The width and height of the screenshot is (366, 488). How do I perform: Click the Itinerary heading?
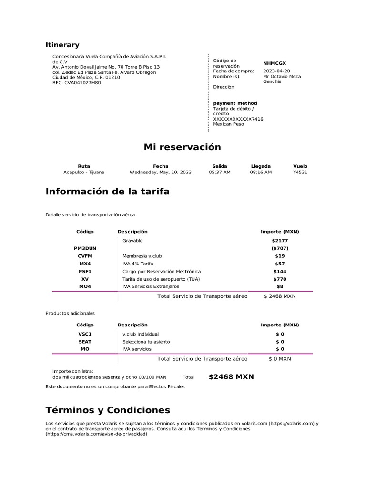(62, 45)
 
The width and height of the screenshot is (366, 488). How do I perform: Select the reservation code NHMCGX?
(274, 63)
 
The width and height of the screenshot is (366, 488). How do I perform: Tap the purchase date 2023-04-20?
(276, 71)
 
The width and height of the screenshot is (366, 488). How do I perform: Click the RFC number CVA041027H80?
(76, 82)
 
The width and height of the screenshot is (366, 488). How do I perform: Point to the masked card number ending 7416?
(238, 119)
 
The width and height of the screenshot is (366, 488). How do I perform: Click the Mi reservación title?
(183, 147)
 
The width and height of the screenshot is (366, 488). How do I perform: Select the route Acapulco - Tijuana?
(84, 172)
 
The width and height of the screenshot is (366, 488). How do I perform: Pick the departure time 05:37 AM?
(220, 172)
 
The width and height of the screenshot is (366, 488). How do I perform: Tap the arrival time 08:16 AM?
(261, 172)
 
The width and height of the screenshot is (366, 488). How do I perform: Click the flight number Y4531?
(300, 172)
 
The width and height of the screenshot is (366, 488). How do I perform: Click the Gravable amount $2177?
(280, 241)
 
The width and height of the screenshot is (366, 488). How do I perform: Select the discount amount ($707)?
(280, 248)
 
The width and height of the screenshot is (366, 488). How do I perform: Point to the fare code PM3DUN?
(85, 248)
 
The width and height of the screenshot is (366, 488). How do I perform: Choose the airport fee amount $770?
(280, 279)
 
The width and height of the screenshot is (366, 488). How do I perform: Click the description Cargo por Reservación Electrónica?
(162, 271)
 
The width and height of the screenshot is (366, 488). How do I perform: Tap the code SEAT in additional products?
(85, 342)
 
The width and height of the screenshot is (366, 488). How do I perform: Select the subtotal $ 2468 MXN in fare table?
(280, 296)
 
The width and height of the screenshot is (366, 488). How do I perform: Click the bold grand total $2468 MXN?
(231, 377)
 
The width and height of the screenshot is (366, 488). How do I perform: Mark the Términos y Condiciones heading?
(108, 410)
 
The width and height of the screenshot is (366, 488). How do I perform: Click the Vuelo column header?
(300, 166)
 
